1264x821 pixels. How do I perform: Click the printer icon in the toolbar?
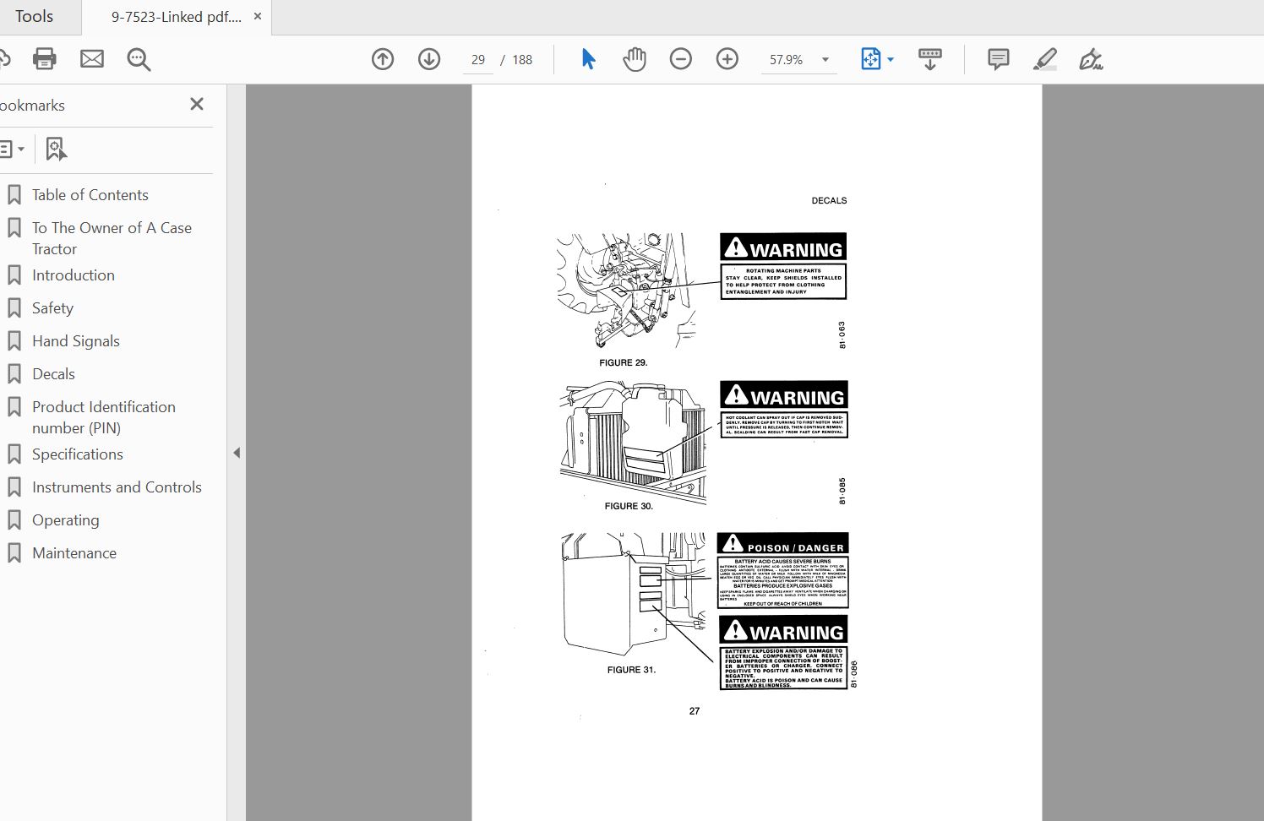click(x=44, y=59)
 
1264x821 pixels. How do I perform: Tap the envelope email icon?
click(x=92, y=59)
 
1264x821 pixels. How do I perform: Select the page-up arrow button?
click(x=383, y=59)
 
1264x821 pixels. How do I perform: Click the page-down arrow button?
click(x=429, y=59)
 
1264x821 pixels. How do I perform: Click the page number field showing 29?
click(x=478, y=60)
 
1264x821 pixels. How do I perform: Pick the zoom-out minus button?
click(x=680, y=59)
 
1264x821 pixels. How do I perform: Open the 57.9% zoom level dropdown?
click(x=825, y=60)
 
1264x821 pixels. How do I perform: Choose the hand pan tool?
click(x=634, y=59)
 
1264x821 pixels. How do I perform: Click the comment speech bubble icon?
click(x=998, y=59)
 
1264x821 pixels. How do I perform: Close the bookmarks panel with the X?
click(x=197, y=104)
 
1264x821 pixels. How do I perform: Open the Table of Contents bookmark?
click(x=90, y=195)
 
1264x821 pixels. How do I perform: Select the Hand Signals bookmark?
click(x=75, y=341)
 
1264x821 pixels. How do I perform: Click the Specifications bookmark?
click(x=77, y=454)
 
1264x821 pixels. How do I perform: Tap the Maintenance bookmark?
click(x=74, y=553)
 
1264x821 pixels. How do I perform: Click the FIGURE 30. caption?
click(x=629, y=506)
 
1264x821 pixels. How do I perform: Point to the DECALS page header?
click(x=829, y=201)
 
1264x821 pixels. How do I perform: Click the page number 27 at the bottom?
click(x=695, y=711)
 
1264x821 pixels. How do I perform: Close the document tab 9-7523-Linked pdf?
click(x=258, y=16)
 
